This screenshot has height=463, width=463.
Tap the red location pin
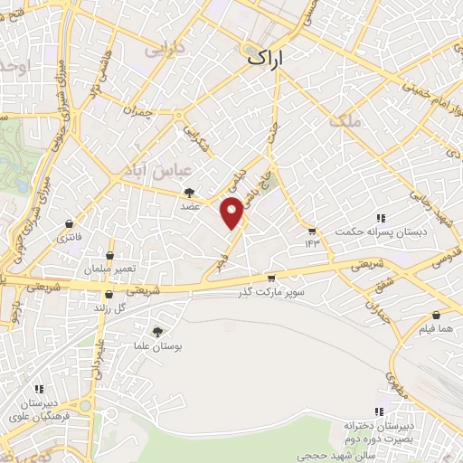pyautogui.click(x=232, y=213)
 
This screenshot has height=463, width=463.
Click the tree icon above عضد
pyautogui.click(x=189, y=193)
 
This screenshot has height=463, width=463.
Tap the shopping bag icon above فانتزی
pyautogui.click(x=70, y=224)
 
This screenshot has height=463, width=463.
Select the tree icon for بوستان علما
pyautogui.click(x=157, y=332)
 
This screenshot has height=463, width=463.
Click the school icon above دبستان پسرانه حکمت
pyautogui.click(x=381, y=218)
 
